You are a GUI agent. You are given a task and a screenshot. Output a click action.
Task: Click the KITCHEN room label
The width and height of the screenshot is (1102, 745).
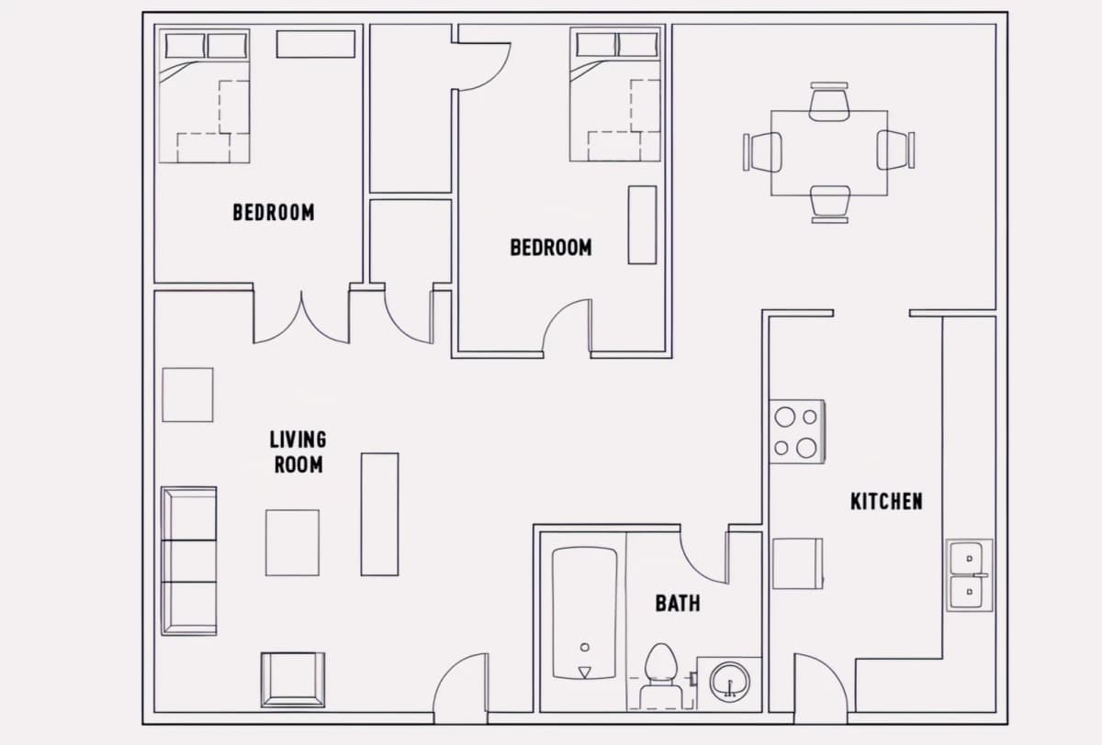pyautogui.click(x=886, y=501)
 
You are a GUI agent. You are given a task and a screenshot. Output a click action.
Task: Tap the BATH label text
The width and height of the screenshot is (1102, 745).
pyautogui.click(x=678, y=603)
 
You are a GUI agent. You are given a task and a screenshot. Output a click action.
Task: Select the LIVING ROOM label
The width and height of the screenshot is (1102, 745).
pyautogui.click(x=298, y=452)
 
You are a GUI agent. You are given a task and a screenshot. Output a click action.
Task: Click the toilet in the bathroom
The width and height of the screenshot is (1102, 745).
pyautogui.click(x=660, y=675)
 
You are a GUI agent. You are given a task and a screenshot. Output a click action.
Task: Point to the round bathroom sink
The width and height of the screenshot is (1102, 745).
pyautogui.click(x=729, y=682)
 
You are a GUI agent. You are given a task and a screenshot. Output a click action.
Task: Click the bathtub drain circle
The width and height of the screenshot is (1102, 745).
pyautogui.click(x=584, y=647)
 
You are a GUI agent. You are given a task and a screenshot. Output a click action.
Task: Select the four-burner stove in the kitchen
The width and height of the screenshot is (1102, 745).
pyautogui.click(x=797, y=431)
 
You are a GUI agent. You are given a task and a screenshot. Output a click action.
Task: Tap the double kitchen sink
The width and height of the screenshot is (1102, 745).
pyautogui.click(x=969, y=575)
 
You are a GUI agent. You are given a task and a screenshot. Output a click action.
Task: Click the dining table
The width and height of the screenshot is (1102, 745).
pyautogui.click(x=829, y=153)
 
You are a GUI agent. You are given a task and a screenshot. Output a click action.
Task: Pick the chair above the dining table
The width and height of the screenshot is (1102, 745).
pyautogui.click(x=829, y=102)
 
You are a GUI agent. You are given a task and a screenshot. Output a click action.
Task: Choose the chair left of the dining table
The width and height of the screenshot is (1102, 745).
pyautogui.click(x=762, y=152)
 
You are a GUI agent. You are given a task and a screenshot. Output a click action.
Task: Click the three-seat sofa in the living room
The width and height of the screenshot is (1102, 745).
pyautogui.click(x=189, y=562)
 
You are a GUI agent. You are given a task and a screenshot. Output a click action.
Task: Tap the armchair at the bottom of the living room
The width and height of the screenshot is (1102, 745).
pyautogui.click(x=293, y=680)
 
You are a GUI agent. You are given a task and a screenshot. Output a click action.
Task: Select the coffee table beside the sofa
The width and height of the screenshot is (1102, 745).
pyautogui.click(x=292, y=542)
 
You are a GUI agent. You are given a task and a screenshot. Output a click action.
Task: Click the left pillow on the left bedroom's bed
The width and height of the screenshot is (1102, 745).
pyautogui.click(x=185, y=46)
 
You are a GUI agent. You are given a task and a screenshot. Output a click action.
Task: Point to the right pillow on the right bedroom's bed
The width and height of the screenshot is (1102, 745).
pyautogui.click(x=637, y=45)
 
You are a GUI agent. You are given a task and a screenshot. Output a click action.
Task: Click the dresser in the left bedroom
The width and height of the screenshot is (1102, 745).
pyautogui.click(x=316, y=44)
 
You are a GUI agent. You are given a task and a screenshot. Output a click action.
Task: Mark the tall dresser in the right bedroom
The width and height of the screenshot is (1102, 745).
pyautogui.click(x=642, y=225)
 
